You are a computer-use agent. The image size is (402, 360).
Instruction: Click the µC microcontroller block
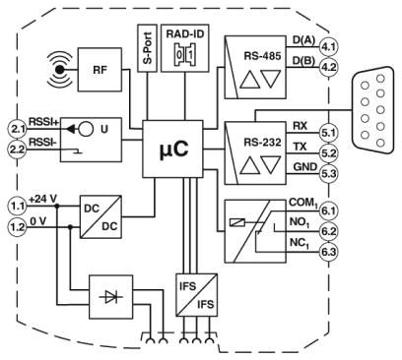pyautogui.click(x=172, y=150)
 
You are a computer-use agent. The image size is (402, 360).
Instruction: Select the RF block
pyautogui.click(x=100, y=70)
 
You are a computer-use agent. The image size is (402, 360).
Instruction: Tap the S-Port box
pyautogui.click(x=148, y=48)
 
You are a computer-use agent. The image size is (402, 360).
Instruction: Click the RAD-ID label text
pyautogui.click(x=185, y=33)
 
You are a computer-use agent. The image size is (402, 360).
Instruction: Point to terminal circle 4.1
pyautogui.click(x=328, y=47)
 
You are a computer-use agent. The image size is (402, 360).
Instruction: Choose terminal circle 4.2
pyautogui.click(x=328, y=68)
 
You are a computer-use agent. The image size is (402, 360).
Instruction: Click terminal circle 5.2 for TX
pyautogui.click(x=328, y=153)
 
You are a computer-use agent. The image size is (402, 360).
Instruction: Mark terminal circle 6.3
pyautogui.click(x=328, y=252)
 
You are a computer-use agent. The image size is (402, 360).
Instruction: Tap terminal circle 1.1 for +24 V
pyautogui.click(x=17, y=207)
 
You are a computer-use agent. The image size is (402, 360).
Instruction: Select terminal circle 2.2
pyautogui.click(x=17, y=150)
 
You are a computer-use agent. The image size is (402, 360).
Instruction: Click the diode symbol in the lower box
pyautogui.click(x=111, y=297)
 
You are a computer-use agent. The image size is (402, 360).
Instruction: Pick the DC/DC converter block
pyautogui.click(x=100, y=217)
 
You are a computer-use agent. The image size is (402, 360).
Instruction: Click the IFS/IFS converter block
pyautogui.click(x=197, y=295)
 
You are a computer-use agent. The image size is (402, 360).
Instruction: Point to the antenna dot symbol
pyautogui.click(x=59, y=70)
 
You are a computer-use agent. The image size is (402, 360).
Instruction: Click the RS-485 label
pyautogui.click(x=262, y=56)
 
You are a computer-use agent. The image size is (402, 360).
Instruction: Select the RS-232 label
pyautogui.click(x=262, y=142)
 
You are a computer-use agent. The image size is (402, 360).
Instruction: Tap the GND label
pyautogui.click(x=305, y=167)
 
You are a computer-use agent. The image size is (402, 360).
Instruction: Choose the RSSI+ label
pyautogui.click(x=43, y=122)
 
